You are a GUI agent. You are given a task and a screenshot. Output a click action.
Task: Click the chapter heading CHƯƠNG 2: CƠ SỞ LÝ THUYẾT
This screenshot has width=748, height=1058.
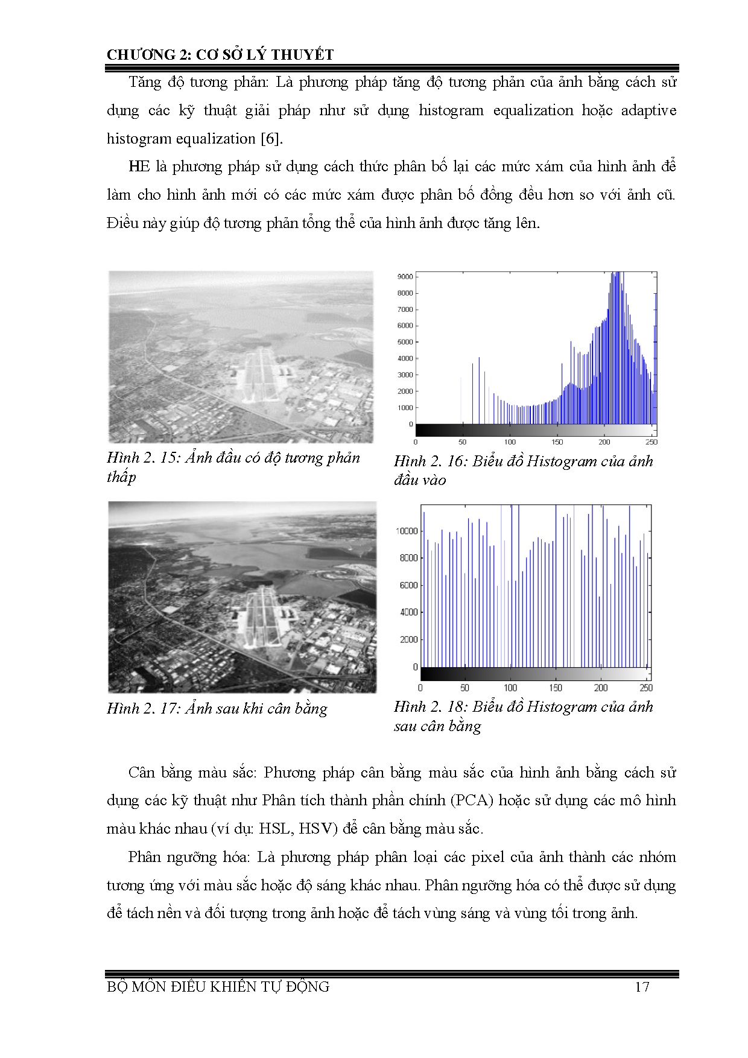click(220, 55)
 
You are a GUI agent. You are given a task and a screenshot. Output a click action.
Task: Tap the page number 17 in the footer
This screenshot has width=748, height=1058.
click(642, 987)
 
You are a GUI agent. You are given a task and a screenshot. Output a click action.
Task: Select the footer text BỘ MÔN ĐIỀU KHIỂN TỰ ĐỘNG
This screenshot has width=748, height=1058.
click(218, 987)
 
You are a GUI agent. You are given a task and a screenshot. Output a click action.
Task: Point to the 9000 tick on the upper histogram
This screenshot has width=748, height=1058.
click(405, 277)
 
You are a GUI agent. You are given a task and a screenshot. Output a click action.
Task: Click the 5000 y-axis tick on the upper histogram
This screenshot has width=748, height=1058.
click(405, 342)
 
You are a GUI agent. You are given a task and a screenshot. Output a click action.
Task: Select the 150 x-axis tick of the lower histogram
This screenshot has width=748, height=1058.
click(556, 688)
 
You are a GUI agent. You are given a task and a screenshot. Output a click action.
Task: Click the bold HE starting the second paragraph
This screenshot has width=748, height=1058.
click(139, 167)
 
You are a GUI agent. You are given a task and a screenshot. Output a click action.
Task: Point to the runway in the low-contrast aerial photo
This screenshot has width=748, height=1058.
click(257, 374)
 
